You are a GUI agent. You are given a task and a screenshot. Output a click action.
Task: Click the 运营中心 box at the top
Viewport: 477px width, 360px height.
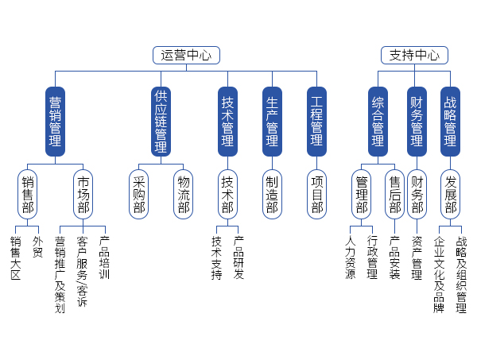[x=186, y=55]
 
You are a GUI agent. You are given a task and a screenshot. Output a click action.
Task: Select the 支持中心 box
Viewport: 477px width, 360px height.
[x=414, y=55]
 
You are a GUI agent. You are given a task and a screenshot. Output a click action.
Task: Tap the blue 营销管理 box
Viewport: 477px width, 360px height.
[x=55, y=121]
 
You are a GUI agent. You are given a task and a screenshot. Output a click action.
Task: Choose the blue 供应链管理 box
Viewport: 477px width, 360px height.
[x=161, y=121]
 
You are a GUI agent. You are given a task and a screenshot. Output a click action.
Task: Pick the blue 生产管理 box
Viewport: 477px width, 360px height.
[x=272, y=121]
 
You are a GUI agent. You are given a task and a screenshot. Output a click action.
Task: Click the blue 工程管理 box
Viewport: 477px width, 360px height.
[x=316, y=121]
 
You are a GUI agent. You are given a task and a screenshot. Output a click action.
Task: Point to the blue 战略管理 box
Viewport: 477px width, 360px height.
[x=450, y=121]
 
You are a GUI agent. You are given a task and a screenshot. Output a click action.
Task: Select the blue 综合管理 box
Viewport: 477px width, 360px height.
[x=378, y=121]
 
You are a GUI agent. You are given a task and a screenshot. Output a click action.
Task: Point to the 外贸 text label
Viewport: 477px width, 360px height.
[x=37, y=246]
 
